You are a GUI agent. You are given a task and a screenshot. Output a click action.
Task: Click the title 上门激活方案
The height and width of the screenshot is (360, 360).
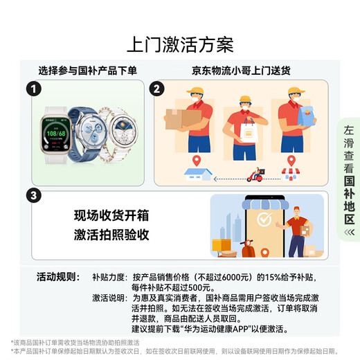[x=179, y=44]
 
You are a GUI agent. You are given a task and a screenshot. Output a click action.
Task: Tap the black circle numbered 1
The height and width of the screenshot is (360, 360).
[x=32, y=89]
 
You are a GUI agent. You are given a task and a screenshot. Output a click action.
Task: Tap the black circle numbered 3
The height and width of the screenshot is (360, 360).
[x=32, y=196]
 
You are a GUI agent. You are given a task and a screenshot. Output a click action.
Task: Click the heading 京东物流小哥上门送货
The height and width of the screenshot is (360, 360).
[x=240, y=70]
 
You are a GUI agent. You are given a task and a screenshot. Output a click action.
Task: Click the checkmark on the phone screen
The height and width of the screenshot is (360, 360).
[x=264, y=219]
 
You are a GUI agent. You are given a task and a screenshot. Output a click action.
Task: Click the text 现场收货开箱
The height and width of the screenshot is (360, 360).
[x=111, y=214]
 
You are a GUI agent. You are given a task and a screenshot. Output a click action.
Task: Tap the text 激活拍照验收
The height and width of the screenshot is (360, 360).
[x=111, y=234]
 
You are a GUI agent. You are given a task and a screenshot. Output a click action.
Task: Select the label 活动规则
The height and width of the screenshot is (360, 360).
[x=57, y=277]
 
